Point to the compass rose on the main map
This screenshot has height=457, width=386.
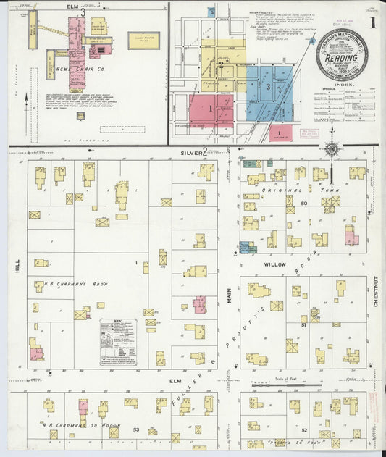coord(332,149)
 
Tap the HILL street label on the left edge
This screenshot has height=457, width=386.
coord(15,268)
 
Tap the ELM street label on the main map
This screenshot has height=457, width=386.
coord(174,380)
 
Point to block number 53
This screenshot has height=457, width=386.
coord(135,429)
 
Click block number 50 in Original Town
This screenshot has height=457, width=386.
coord(304,204)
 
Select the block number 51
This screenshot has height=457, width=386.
coord(304,326)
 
